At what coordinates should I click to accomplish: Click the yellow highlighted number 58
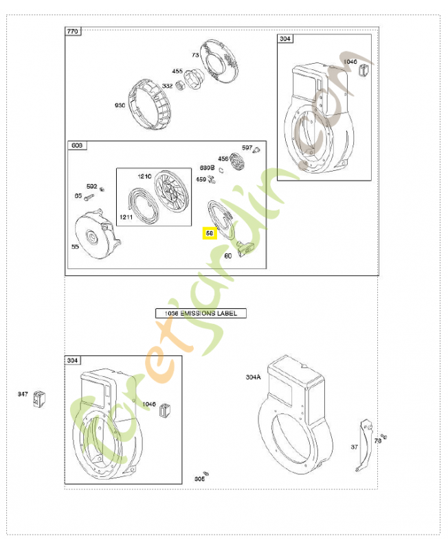tap(209, 233)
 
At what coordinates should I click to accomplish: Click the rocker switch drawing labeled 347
tap(38, 397)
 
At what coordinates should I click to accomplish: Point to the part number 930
tap(120, 105)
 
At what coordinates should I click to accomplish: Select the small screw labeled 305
tap(204, 473)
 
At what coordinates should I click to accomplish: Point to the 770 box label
tap(73, 32)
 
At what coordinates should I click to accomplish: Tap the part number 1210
tap(144, 176)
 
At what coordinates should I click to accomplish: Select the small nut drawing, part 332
tap(182, 84)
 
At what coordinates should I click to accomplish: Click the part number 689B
tap(207, 167)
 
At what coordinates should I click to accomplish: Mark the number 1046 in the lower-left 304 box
tap(149, 404)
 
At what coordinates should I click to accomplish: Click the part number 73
tap(195, 54)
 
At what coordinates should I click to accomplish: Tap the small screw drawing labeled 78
tap(384, 436)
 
